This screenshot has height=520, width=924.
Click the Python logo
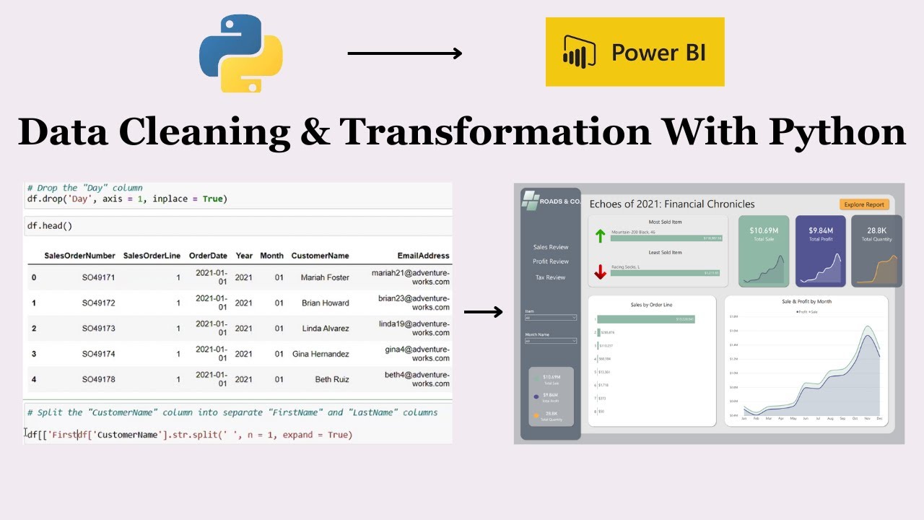click(x=241, y=53)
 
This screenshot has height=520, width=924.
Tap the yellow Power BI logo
click(x=635, y=52)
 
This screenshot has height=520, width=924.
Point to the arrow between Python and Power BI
click(x=404, y=53)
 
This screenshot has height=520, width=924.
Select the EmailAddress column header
click(x=423, y=256)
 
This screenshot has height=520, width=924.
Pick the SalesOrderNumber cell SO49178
click(x=98, y=379)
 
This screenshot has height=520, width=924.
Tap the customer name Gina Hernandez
click(x=321, y=354)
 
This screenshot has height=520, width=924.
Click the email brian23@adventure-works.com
click(x=414, y=303)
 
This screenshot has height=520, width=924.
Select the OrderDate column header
click(x=208, y=256)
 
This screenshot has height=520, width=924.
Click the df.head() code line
click(x=50, y=226)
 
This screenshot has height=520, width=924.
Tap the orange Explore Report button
click(x=864, y=204)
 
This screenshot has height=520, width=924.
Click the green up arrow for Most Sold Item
click(x=600, y=235)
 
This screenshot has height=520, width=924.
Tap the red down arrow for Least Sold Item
click(x=600, y=272)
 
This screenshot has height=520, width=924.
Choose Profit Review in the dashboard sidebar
click(x=550, y=261)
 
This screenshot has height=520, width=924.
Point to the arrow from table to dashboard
click(x=483, y=312)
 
